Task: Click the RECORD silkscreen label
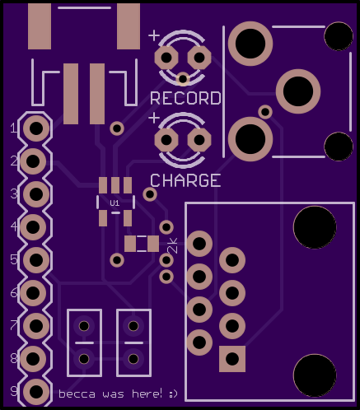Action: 185,98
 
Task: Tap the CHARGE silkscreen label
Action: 185,180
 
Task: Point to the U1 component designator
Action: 115,203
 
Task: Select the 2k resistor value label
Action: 173,245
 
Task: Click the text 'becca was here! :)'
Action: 118,394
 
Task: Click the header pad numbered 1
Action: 36,128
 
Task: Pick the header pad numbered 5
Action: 36,260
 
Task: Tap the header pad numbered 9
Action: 36,392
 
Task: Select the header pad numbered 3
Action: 36,194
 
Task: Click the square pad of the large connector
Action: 232,359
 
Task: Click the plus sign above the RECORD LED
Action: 154,35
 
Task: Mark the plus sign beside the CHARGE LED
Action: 154,118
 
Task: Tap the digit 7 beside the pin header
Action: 14,325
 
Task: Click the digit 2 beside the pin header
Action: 14,161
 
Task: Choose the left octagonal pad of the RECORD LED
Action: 166,58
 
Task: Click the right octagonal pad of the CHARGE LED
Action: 199,140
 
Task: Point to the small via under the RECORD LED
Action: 183,79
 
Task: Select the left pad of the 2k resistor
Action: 130,244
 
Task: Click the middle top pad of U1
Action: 115,185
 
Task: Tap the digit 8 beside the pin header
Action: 14,358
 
